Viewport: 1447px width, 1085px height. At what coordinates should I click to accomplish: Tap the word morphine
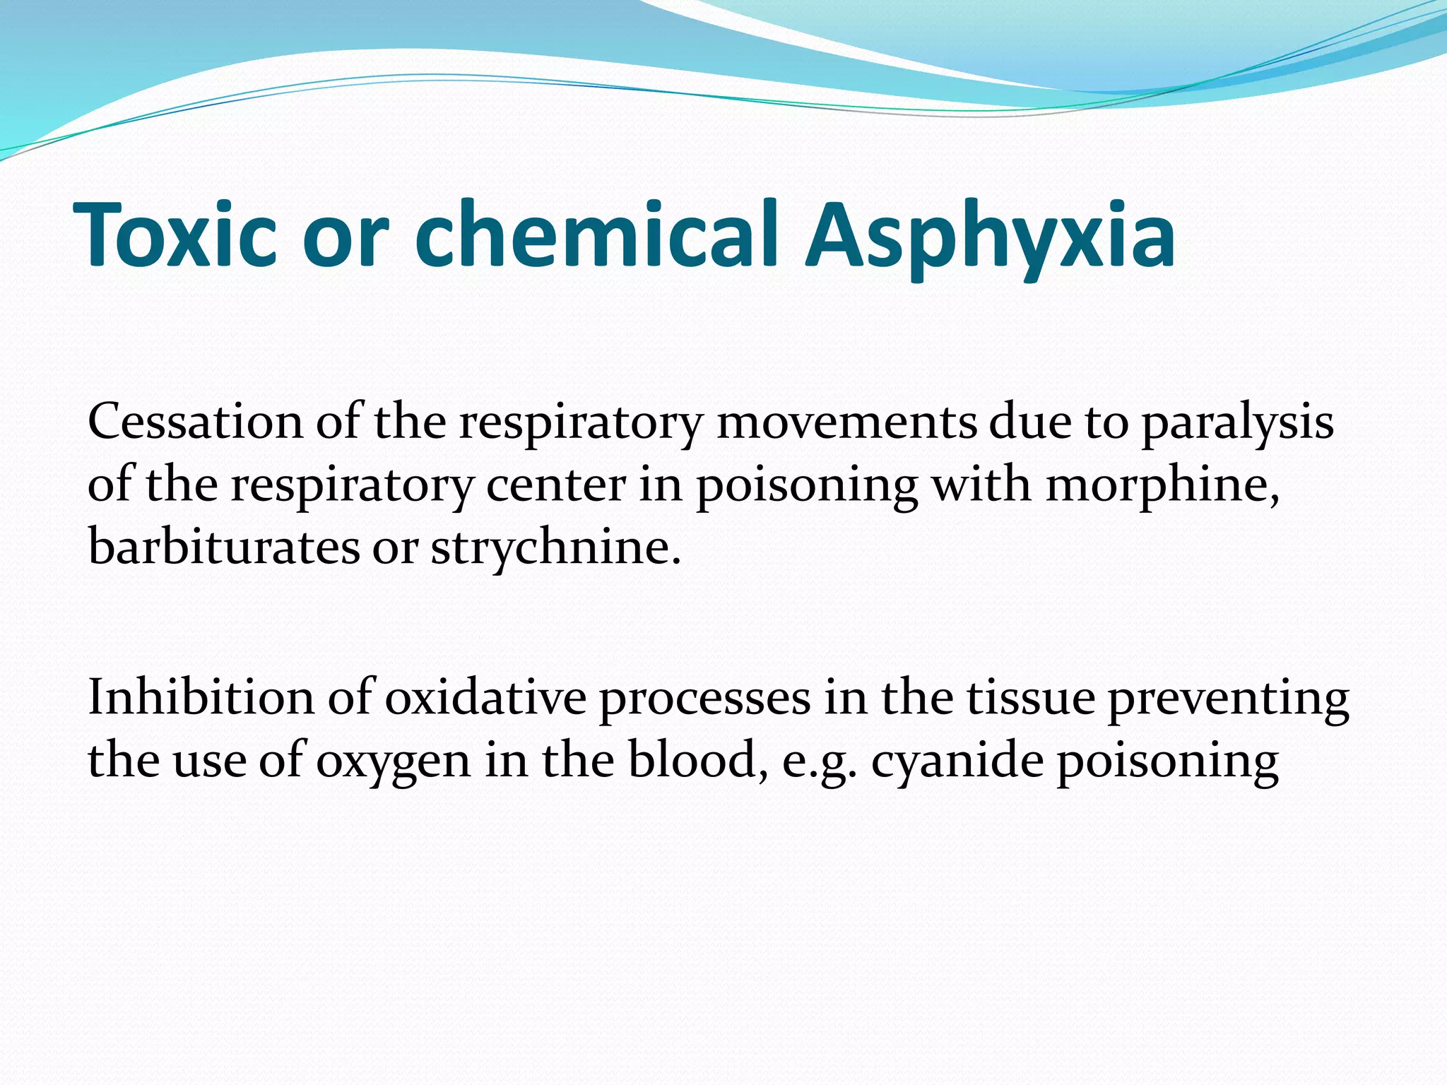pyautogui.click(x=1163, y=487)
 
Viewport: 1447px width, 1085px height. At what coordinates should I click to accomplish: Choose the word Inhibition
pyautogui.click(x=201, y=697)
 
